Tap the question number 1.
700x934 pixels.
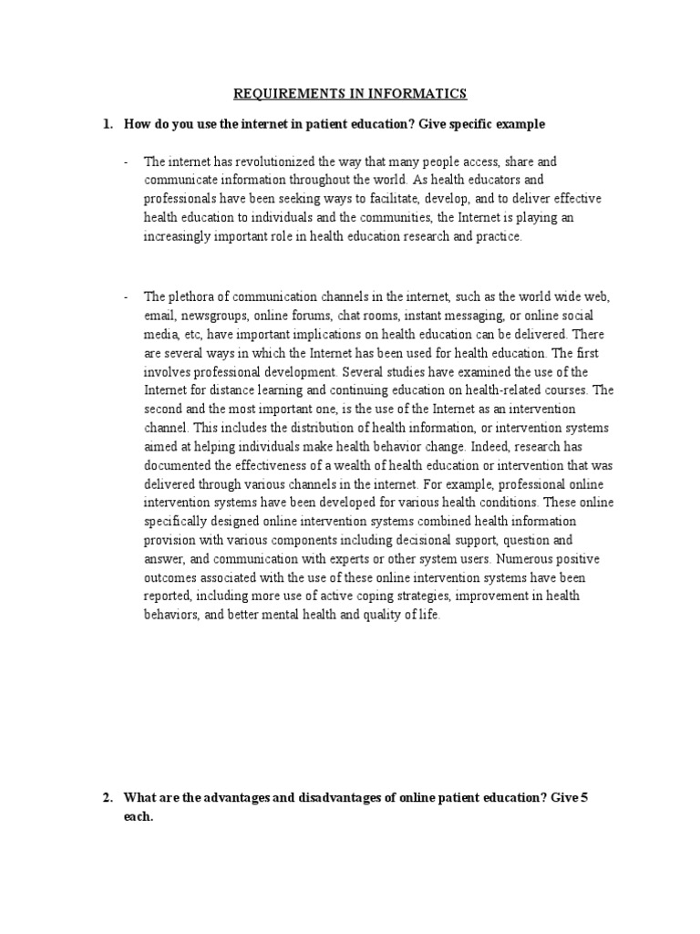coord(107,123)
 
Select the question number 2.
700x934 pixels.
coord(107,798)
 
